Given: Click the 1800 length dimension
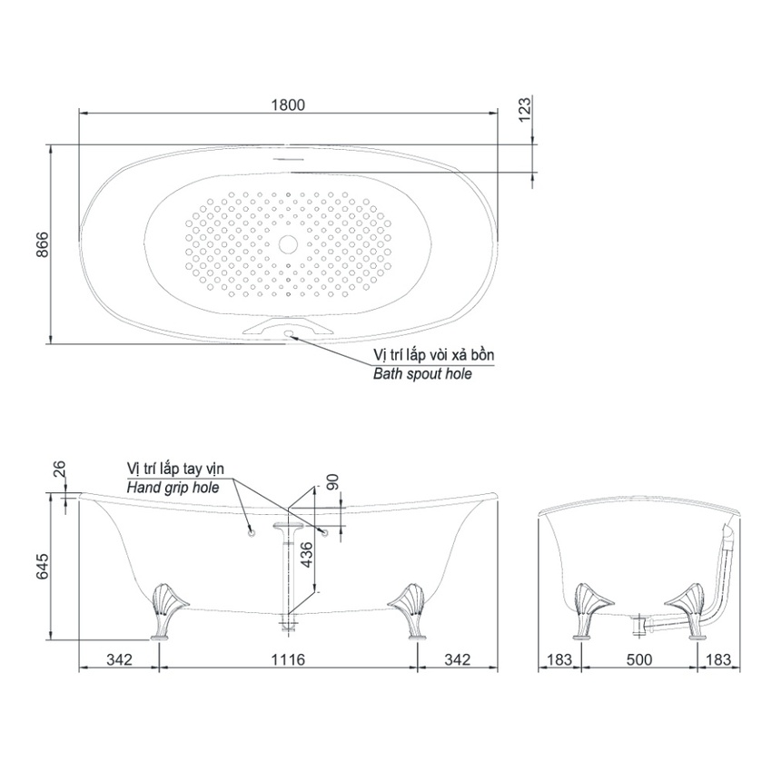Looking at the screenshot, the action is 288,104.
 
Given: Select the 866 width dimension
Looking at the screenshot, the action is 43,243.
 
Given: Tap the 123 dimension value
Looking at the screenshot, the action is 525,109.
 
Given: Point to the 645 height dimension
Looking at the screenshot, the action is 43,566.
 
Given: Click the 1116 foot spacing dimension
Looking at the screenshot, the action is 288,659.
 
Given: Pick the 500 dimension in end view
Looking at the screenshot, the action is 639,659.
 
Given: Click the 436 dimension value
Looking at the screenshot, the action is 306,555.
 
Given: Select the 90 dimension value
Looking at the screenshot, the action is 332,482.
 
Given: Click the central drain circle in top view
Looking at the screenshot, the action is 288,243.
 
